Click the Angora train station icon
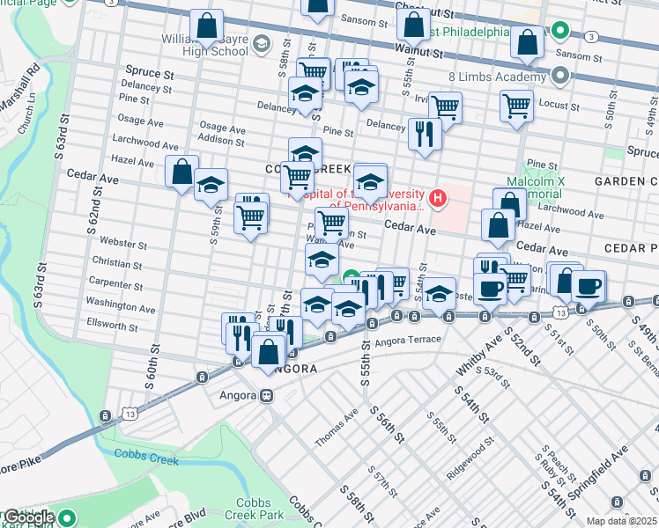tap(264, 396)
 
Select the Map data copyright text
tap(621, 521)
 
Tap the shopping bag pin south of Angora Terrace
tap(268, 352)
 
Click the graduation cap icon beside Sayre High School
tap(262, 43)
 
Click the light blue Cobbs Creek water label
tap(145, 458)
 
